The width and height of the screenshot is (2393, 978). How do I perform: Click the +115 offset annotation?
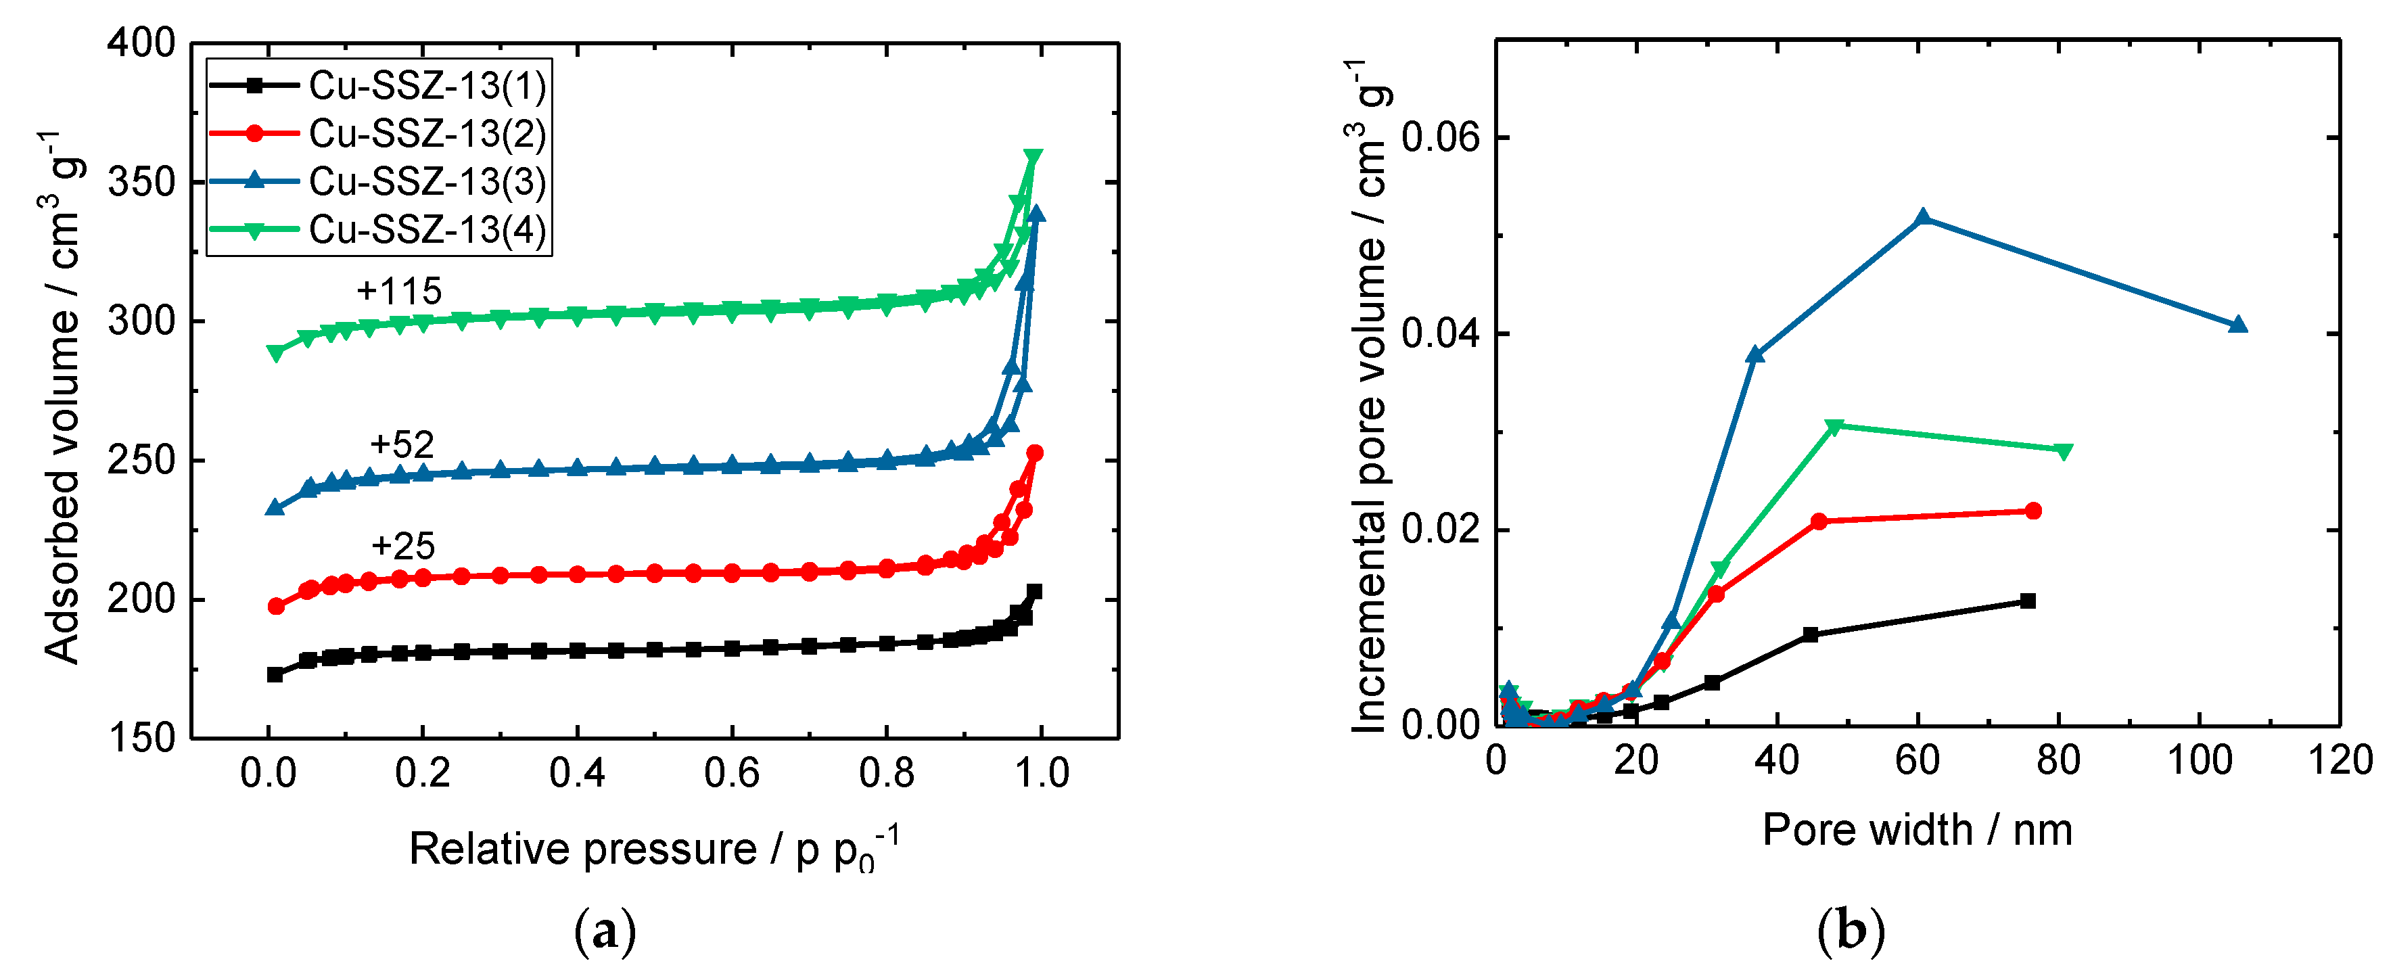click(400, 292)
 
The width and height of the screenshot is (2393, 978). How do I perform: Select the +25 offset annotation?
click(403, 545)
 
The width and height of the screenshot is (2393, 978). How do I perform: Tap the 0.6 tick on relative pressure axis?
click(731, 773)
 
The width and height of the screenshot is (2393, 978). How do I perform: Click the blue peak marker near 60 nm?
click(1923, 218)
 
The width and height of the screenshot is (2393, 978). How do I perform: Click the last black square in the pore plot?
click(2028, 601)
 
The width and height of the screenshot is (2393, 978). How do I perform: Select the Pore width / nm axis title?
click(1918, 829)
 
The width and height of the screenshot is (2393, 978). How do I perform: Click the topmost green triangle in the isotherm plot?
click(1033, 157)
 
